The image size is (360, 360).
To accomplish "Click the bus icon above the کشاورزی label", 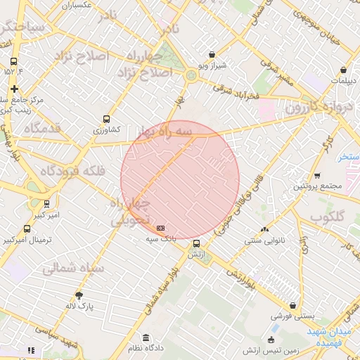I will (x=106, y=119).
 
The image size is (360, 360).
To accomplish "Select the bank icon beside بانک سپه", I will (x=161, y=228).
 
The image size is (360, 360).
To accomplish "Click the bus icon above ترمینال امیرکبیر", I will (x=27, y=229).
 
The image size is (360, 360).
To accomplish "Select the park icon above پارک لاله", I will (x=79, y=295).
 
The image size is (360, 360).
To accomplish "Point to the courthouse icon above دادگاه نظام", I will (x=146, y=337).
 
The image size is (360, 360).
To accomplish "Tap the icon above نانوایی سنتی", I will (x=264, y=229).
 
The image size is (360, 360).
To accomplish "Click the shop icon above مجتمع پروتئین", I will (x=317, y=176).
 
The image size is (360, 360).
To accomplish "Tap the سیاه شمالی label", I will (x=73, y=268).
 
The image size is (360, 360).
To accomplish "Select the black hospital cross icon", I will (x=14, y=89).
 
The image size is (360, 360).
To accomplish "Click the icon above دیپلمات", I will (x=342, y=70).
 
